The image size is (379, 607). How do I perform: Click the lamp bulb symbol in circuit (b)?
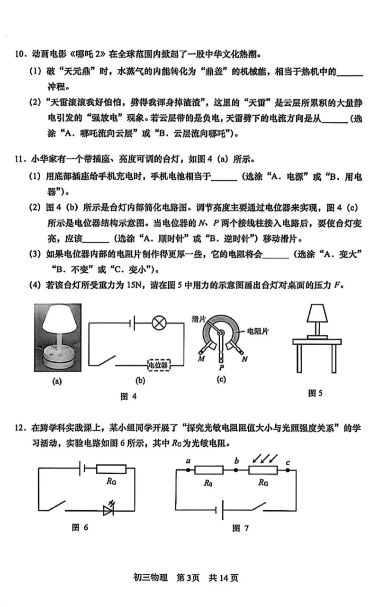click(159, 323)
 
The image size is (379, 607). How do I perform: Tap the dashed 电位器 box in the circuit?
click(159, 365)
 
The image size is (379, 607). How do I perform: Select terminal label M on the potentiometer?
click(201, 359)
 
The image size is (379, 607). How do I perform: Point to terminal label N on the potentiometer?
click(244, 359)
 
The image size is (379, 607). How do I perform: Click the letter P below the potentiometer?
click(221, 368)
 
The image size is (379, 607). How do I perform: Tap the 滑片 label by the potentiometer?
click(199, 320)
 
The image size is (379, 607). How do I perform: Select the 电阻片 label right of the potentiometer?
click(258, 331)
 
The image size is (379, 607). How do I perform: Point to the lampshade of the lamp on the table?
click(317, 313)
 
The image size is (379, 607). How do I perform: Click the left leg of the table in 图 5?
click(299, 359)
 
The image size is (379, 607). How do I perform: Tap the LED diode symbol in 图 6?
click(109, 511)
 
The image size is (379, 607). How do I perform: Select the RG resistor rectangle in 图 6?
click(111, 469)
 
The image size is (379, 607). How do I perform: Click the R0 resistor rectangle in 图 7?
click(209, 470)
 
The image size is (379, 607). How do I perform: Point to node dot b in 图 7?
click(236, 470)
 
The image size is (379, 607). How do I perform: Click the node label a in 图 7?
click(188, 460)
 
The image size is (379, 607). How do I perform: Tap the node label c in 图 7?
click(288, 462)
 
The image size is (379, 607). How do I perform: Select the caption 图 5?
click(316, 393)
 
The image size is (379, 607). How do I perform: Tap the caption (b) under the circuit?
click(140, 381)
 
